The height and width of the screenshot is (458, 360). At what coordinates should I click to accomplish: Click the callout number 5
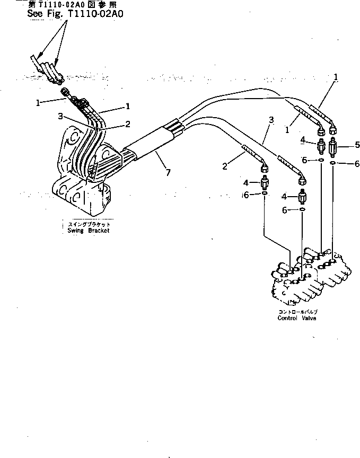tap(343, 144)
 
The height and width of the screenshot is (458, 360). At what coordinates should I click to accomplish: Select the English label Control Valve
tap(297, 318)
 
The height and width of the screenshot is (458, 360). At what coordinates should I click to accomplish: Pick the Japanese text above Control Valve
tap(297, 312)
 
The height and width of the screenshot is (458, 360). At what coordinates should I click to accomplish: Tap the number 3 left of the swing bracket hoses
tap(61, 116)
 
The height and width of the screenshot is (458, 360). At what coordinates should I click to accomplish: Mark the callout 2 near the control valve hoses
tap(225, 166)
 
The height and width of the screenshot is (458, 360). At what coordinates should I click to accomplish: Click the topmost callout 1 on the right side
tap(336, 76)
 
